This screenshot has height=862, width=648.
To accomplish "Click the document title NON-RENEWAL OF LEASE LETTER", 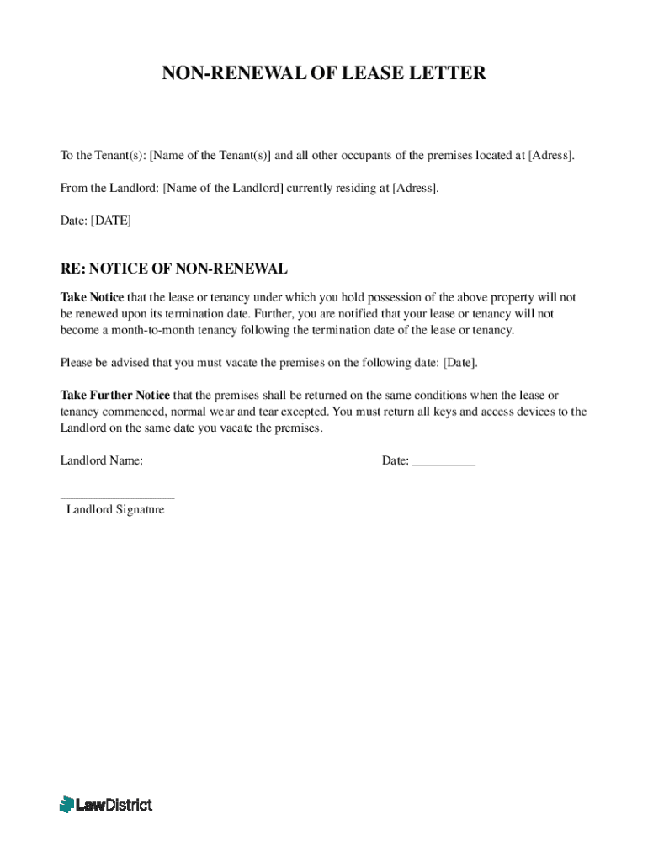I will click(x=324, y=73).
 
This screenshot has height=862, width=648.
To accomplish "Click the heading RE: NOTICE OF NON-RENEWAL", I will click(x=174, y=269).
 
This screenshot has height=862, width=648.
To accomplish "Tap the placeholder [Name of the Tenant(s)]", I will click(x=210, y=156).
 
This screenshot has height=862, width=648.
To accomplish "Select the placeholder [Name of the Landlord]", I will click(x=222, y=188).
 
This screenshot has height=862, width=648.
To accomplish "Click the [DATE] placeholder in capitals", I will click(x=111, y=221).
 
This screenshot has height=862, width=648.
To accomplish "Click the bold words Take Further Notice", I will click(x=115, y=395).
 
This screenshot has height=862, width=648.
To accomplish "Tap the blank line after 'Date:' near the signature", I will click(x=444, y=461).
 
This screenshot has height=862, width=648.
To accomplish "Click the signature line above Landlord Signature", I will click(x=118, y=498).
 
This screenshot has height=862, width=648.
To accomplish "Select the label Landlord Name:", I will click(x=102, y=461).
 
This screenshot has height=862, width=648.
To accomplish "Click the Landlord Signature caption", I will click(x=115, y=510).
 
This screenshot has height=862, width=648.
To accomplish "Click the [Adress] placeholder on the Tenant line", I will click(x=551, y=156).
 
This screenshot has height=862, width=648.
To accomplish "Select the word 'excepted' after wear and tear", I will click(x=305, y=412).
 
